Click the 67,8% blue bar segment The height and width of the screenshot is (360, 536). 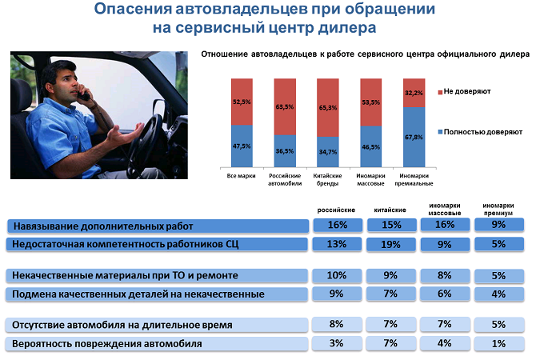click(x=414, y=137)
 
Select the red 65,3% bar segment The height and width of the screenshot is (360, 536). click(x=328, y=108)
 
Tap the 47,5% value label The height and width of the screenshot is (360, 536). click(x=242, y=146)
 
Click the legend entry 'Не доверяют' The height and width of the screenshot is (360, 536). click(x=464, y=92)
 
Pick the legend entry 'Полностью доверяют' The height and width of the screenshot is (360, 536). click(x=480, y=132)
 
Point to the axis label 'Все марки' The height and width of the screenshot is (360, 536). click(x=242, y=176)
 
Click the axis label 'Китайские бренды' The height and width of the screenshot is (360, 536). click(x=327, y=179)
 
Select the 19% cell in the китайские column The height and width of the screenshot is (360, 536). click(x=391, y=245)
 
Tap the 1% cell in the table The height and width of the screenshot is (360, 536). click(x=499, y=343)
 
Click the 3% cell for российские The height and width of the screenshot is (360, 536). click(x=337, y=343)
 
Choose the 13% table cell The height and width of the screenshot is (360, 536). click(x=337, y=244)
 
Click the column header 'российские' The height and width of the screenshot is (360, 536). click(x=336, y=210)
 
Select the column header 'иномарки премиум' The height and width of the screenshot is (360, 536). click(x=498, y=210)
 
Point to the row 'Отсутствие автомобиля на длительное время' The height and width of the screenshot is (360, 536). click(x=157, y=325)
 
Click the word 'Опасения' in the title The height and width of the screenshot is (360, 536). click(x=133, y=9)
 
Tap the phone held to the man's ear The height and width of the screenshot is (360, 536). click(x=83, y=93)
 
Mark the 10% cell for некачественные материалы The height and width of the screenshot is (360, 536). click(x=337, y=275)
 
